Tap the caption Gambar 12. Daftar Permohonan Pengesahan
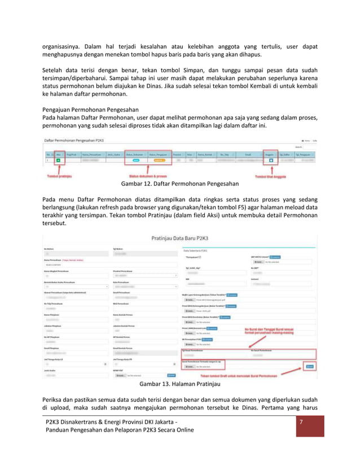click(x=176, y=184)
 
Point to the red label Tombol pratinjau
click(x=61, y=176)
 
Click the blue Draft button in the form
click(x=309, y=366)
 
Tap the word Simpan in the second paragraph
click(x=178, y=72)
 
